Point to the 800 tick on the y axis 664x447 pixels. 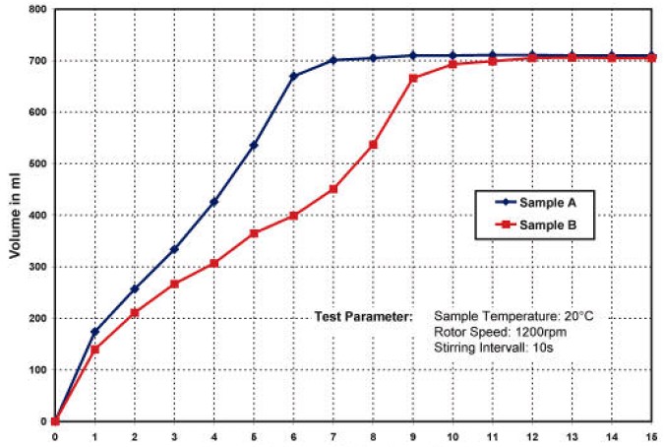click(x=37, y=10)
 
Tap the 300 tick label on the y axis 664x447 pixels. click(x=37, y=267)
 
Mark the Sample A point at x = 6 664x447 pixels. click(x=293, y=76)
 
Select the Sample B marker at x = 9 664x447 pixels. click(x=413, y=78)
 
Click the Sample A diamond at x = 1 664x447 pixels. click(x=94, y=332)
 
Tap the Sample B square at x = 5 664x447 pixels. click(x=254, y=233)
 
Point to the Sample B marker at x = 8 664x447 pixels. click(x=373, y=145)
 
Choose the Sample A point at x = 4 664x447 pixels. click(x=213, y=202)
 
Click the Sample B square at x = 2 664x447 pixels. click(x=135, y=313)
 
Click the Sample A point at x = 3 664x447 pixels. click(x=174, y=249)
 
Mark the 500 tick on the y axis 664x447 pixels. click(x=37, y=163)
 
